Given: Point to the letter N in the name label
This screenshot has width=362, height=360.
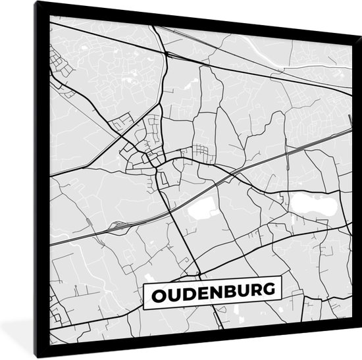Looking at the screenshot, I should (219, 292).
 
